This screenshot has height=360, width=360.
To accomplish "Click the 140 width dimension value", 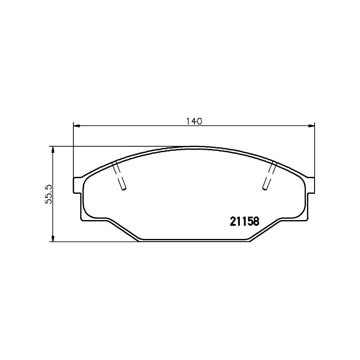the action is [194, 121].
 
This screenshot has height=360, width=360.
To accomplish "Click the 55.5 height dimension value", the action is [49, 194].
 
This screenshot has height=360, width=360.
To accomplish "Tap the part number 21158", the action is [244, 221].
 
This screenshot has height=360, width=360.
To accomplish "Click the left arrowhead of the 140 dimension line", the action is [76, 126].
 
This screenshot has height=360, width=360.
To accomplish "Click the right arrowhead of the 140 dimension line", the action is [311, 126].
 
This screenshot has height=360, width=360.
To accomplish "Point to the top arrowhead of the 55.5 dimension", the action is [53, 150].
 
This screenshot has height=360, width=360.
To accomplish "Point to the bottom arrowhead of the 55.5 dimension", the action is [53, 238].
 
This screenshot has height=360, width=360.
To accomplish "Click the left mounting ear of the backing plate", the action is [77, 185].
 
